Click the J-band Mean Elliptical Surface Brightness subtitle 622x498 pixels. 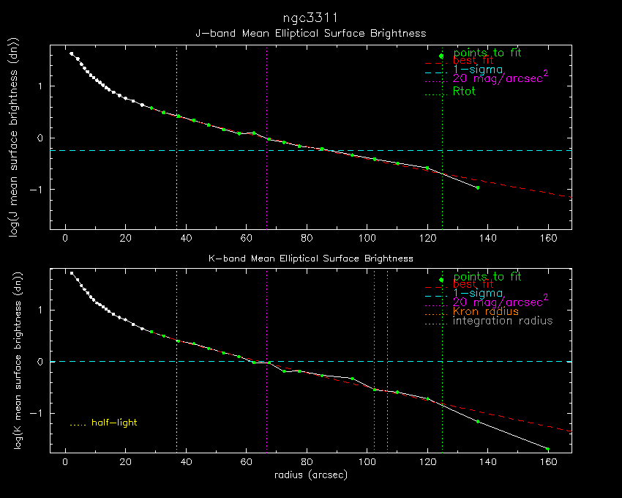coord(310,34)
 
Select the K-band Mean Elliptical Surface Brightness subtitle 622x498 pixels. coord(310,259)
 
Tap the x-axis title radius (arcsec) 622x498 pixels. coord(310,475)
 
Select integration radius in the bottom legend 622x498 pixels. coord(503,322)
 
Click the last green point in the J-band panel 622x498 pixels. coord(478,187)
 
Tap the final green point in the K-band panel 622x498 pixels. coord(547,449)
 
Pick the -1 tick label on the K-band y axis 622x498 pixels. coord(42,413)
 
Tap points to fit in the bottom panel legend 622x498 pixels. coord(487,277)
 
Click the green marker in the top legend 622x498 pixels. coord(441,56)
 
